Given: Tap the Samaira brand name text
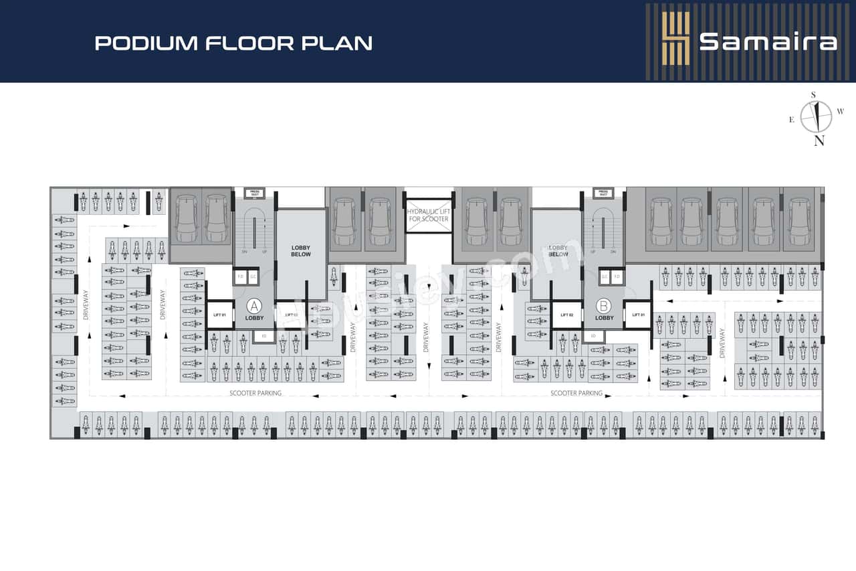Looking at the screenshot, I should pyautogui.click(x=768, y=42).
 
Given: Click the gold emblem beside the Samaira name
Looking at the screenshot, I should pyautogui.click(x=675, y=39).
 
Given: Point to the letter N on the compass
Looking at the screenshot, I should pyautogui.click(x=819, y=141).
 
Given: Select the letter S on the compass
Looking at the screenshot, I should pyautogui.click(x=813, y=94).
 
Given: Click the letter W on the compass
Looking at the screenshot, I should pyautogui.click(x=841, y=110).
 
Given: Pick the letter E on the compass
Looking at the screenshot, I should pyautogui.click(x=792, y=120).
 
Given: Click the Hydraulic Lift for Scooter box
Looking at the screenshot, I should pyautogui.click(x=428, y=216).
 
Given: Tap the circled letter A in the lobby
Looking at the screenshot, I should pyautogui.click(x=253, y=307).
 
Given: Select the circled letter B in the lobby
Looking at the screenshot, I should pyautogui.click(x=604, y=306).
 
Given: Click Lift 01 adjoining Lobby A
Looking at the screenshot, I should pyautogui.click(x=220, y=315).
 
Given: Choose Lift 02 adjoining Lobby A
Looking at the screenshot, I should pyautogui.click(x=291, y=315).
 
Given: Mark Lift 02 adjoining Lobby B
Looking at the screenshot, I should pyautogui.click(x=566, y=315).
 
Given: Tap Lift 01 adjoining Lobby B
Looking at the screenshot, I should pyautogui.click(x=638, y=315).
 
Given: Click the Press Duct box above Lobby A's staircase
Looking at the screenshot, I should pyautogui.click(x=254, y=193).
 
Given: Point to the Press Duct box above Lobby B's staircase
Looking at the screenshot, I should pyautogui.click(x=603, y=193).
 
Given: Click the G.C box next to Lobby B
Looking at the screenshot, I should pyautogui.click(x=605, y=276).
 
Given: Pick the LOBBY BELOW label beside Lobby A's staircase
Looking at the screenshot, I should pyautogui.click(x=301, y=251).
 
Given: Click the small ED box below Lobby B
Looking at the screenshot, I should pyautogui.click(x=593, y=335).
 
